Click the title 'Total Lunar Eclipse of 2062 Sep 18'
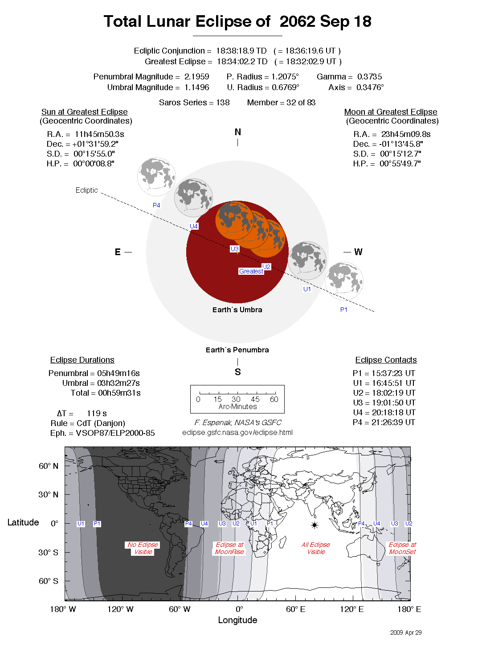pyautogui.click(x=237, y=21)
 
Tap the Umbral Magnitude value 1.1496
pyautogui.click(x=196, y=87)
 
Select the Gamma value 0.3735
pyautogui.click(x=369, y=77)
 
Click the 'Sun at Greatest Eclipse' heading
pyautogui.click(x=84, y=112)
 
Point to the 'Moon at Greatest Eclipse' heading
pyautogui.click(x=390, y=112)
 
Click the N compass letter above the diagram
pyautogui.click(x=238, y=132)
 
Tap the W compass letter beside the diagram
pyautogui.click(x=358, y=252)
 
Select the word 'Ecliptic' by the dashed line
pyautogui.click(x=86, y=190)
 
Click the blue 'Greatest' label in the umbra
pyautogui.click(x=251, y=271)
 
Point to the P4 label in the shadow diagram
pyautogui.click(x=156, y=205)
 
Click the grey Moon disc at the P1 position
pyautogui.click(x=344, y=281)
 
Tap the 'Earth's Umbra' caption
pyautogui.click(x=237, y=310)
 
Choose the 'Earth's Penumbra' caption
pyautogui.click(x=237, y=350)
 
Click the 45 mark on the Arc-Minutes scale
pyautogui.click(x=255, y=399)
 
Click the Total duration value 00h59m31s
pyautogui.click(x=119, y=393)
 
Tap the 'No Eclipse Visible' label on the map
pyautogui.click(x=143, y=548)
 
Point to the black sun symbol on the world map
pyautogui.click(x=315, y=525)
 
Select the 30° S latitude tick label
pyautogui.click(x=48, y=552)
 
